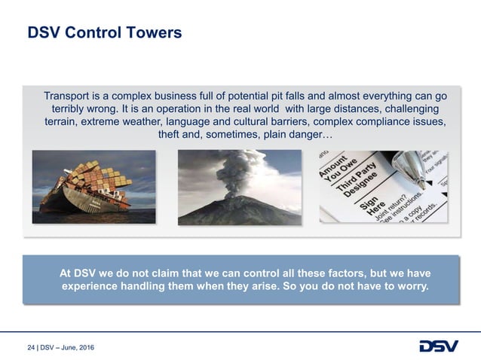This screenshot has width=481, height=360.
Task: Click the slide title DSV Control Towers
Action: click(x=104, y=33)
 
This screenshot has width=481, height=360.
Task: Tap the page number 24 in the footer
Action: click(x=30, y=347)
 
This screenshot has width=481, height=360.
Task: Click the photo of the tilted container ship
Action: click(x=93, y=187)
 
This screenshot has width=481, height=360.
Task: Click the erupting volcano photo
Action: click(x=239, y=187)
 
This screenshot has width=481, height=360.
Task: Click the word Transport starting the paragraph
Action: click(x=69, y=96)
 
